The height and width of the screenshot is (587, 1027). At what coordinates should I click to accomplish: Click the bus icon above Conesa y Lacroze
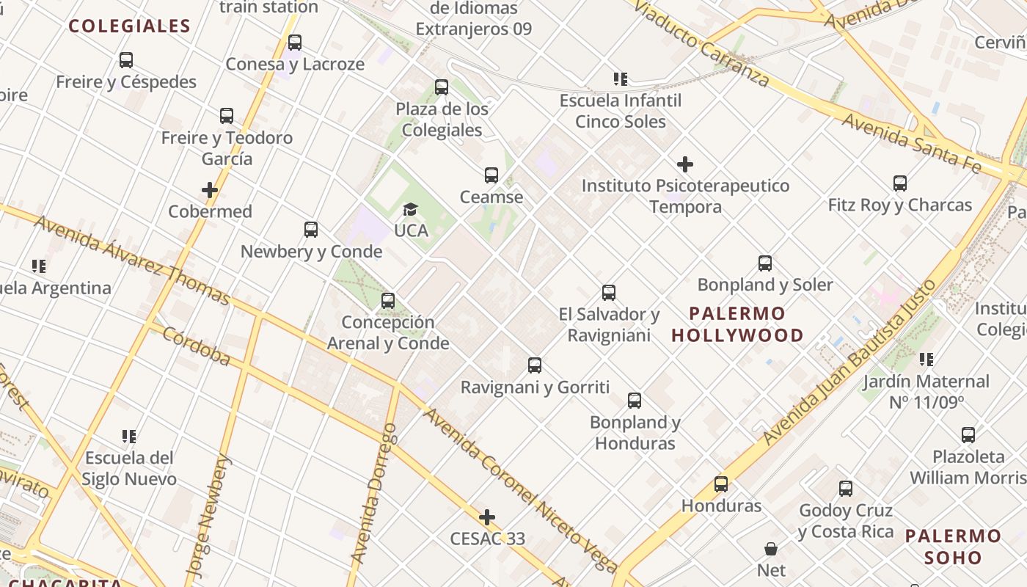[x=295, y=43]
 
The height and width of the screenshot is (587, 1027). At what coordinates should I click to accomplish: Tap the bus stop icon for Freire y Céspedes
[x=126, y=60]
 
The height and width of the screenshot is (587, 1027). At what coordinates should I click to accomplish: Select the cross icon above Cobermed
[x=210, y=190]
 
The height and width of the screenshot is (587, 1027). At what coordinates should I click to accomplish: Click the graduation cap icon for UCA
[x=410, y=210]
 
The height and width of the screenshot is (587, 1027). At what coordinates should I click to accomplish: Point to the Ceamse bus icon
[x=491, y=175]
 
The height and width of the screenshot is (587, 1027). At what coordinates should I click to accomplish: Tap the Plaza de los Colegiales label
[x=442, y=120]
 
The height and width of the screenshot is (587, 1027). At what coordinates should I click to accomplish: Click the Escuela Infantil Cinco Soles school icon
[x=621, y=79]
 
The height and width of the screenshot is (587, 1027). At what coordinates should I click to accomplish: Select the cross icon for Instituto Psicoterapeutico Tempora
[x=685, y=164]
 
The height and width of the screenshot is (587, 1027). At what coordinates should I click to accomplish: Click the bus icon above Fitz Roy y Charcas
[x=900, y=183]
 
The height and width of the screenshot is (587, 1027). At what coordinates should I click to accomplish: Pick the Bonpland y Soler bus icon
[x=765, y=263]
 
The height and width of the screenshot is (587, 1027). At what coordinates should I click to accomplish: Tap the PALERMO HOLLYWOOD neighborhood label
[x=737, y=324]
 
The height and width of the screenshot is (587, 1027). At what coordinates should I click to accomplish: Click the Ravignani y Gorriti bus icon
[x=535, y=365]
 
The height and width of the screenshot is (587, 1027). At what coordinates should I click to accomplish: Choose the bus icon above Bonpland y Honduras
[x=635, y=401]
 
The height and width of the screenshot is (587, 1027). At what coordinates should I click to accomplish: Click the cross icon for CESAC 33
[x=487, y=517]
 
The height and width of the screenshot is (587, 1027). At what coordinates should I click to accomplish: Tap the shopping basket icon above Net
[x=771, y=549]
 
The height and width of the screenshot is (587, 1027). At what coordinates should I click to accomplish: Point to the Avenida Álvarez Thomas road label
[x=132, y=259]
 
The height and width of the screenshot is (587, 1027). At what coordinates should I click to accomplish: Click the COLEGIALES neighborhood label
[x=129, y=26]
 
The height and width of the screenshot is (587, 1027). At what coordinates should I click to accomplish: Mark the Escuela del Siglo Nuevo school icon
[x=129, y=437]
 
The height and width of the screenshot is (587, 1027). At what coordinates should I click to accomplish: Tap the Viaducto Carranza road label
[x=701, y=43]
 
